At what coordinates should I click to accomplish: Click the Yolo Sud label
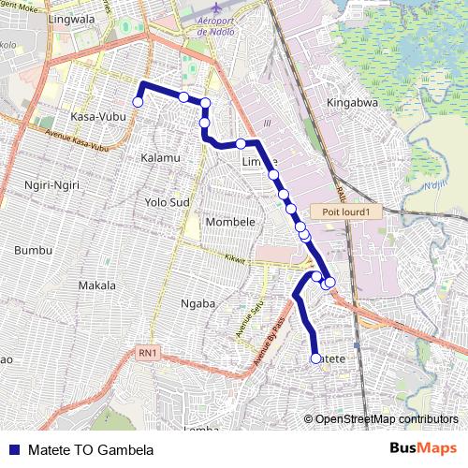coord(168,201)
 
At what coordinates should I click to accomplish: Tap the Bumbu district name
coord(34,251)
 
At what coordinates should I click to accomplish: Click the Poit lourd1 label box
coord(347,212)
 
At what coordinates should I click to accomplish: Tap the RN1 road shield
coord(147,352)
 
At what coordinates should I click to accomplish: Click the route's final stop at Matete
coord(314,357)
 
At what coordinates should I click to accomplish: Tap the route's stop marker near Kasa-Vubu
coord(138,101)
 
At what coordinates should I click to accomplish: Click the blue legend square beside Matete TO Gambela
coord(13,449)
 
